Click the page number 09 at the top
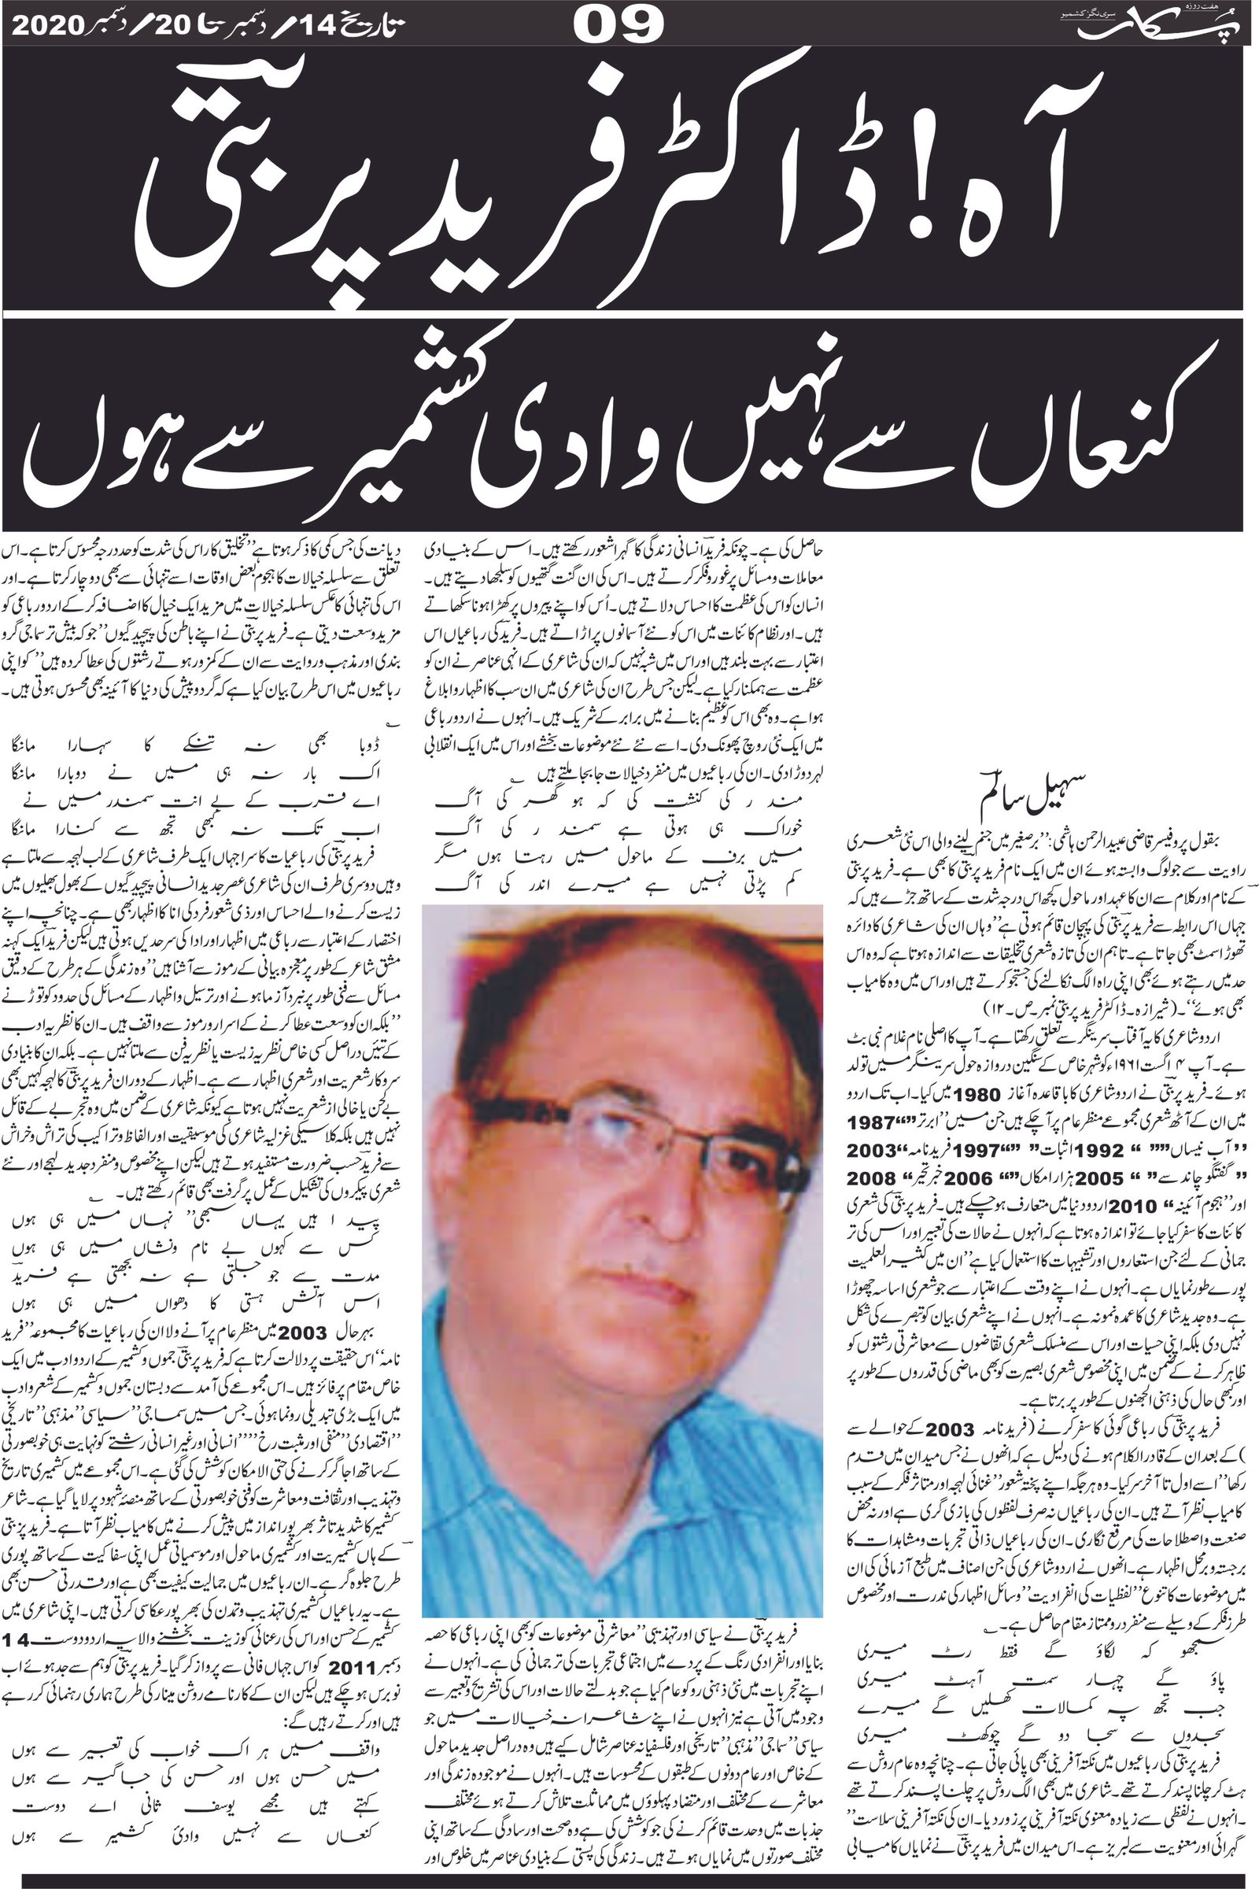(x=618, y=25)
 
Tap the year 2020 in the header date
(x=49, y=26)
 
